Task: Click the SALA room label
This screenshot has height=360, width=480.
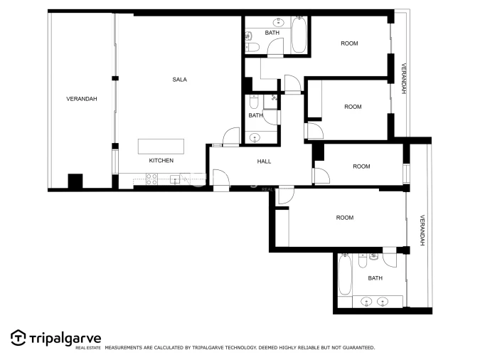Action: point(179,80)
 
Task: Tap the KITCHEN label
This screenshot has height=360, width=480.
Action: point(161,161)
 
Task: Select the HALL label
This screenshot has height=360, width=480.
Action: point(264,162)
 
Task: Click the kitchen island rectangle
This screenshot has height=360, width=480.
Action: point(161,146)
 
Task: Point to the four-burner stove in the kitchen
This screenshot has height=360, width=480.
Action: point(151,180)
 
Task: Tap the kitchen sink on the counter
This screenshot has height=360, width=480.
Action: point(174,180)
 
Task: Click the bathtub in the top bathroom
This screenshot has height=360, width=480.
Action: point(299,36)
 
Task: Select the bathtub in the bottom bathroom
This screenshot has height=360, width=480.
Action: point(345,277)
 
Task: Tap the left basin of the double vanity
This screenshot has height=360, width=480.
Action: point(366,302)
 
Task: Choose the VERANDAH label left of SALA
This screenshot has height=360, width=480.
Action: point(81,99)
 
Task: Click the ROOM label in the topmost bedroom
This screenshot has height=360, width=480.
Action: point(349,44)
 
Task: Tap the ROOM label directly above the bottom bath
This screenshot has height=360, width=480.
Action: point(344,218)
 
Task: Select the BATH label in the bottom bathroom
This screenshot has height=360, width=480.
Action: point(375,278)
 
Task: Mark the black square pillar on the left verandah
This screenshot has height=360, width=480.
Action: point(75,181)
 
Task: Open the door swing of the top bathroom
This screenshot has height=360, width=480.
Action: point(274,48)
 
